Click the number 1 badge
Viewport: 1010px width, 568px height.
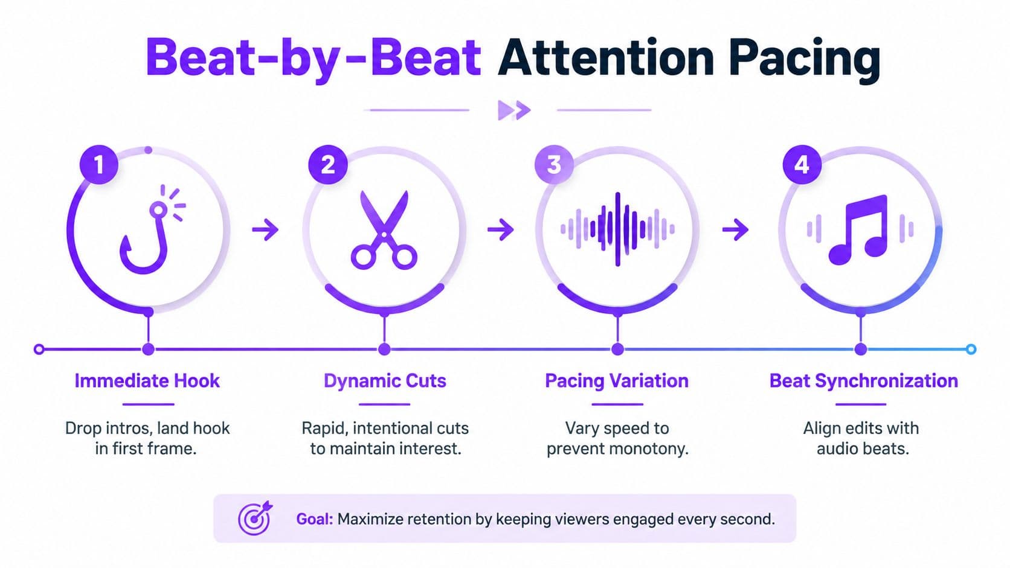(98, 164)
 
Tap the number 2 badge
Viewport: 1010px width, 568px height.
(328, 164)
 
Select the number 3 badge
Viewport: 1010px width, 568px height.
(554, 164)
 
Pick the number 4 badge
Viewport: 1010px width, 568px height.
(802, 164)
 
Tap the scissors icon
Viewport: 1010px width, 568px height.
(384, 230)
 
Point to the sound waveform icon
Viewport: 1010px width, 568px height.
(617, 229)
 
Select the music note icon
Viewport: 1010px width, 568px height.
(859, 230)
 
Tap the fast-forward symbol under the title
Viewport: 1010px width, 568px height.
(514, 110)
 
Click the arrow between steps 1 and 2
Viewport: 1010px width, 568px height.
(265, 230)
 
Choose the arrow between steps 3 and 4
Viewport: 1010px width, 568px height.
(735, 230)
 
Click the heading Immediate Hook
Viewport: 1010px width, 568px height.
(147, 381)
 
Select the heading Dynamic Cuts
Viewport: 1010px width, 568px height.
(385, 381)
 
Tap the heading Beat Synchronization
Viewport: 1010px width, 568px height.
(863, 381)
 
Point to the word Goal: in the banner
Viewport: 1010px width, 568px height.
(314, 519)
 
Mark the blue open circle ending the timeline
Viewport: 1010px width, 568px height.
(971, 349)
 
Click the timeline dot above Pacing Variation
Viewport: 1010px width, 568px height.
(618, 349)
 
